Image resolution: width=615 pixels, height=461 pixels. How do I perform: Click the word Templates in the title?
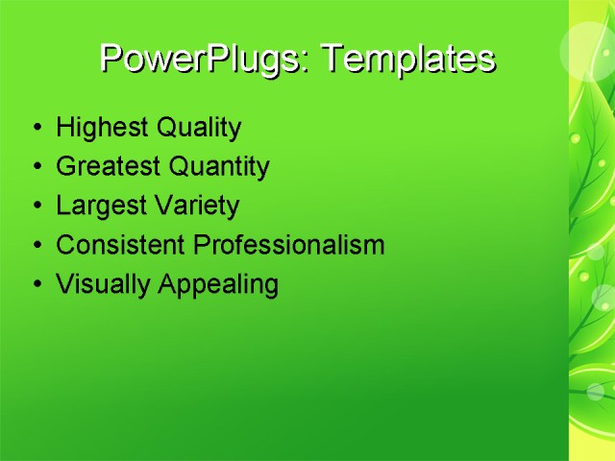tap(407, 60)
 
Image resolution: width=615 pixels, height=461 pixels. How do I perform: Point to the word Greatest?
tap(109, 167)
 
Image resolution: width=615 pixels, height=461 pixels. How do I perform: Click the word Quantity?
tap(219, 167)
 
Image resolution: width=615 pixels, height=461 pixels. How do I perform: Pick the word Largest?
tap(99, 206)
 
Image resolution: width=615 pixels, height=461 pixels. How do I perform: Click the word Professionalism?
tap(289, 245)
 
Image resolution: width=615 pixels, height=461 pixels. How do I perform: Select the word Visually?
tap(94, 284)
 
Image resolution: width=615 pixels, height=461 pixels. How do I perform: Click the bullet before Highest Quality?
tap(37, 129)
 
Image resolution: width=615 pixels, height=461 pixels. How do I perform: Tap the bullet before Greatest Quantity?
tap(37, 168)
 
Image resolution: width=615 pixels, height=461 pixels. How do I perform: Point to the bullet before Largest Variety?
tap(37, 206)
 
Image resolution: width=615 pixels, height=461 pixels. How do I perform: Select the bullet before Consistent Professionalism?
tap(37, 246)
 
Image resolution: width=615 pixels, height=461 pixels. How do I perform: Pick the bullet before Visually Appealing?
tap(37, 285)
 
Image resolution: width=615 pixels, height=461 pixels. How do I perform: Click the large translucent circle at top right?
tap(589, 48)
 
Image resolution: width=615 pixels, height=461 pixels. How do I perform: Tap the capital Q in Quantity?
tap(179, 167)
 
